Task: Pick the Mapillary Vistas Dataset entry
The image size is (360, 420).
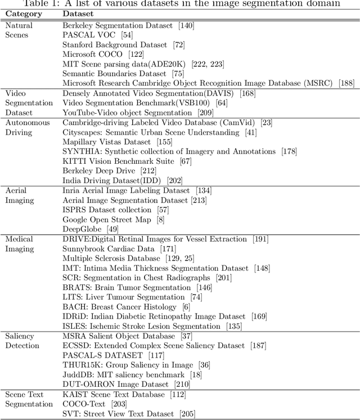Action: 106,142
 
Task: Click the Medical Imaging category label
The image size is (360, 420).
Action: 19,244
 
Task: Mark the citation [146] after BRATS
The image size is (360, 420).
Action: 199,287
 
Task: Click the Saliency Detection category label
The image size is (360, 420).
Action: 20,341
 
